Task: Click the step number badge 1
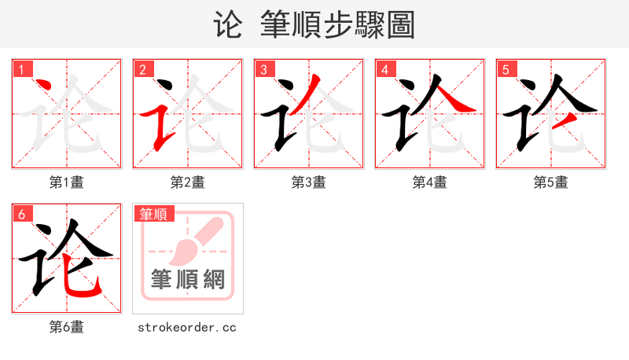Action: (x=21, y=69)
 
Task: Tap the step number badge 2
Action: (x=142, y=69)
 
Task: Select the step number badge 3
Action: (x=263, y=69)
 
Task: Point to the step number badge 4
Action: (x=384, y=69)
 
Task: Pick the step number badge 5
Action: (x=506, y=69)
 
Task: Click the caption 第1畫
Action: (x=67, y=182)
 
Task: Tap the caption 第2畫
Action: (x=188, y=182)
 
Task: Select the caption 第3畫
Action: (x=309, y=182)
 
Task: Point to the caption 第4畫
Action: (x=430, y=182)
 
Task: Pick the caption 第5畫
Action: (x=551, y=182)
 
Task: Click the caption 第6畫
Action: (x=67, y=327)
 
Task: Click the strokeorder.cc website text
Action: (x=187, y=327)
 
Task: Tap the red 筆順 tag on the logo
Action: (x=154, y=214)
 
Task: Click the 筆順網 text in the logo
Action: (x=188, y=280)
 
